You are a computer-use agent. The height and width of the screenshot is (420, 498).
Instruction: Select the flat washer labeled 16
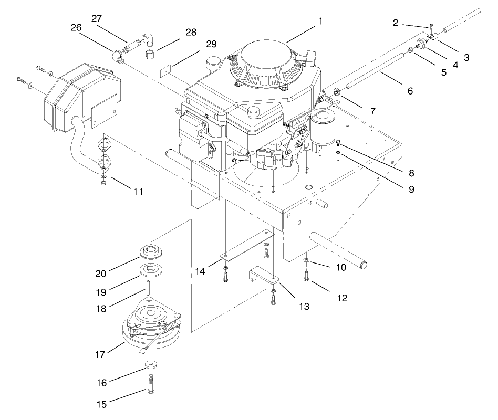[x=151, y=363]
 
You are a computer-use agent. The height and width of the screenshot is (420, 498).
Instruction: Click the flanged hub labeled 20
[x=151, y=250]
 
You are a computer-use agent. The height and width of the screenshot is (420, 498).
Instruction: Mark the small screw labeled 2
[x=431, y=25]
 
